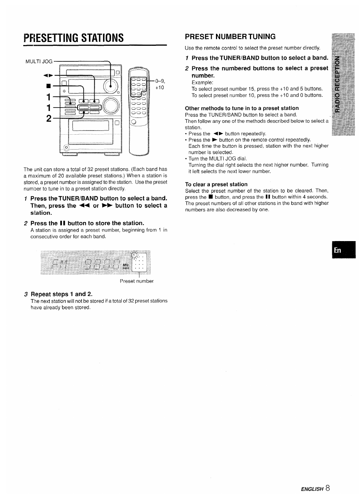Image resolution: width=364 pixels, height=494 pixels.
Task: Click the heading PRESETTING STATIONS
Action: (x=74, y=38)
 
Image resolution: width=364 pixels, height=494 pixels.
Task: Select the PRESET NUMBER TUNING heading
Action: (x=230, y=37)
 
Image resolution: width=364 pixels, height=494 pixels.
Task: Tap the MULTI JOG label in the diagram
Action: (x=39, y=61)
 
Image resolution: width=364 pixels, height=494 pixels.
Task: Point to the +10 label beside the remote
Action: (x=159, y=87)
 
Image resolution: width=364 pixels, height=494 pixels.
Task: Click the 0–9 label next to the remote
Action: (x=159, y=81)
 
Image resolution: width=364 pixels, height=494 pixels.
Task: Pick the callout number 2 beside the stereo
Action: (x=49, y=119)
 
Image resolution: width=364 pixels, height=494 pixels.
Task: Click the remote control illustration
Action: (x=139, y=111)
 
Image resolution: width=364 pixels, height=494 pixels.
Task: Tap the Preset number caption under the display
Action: (x=137, y=281)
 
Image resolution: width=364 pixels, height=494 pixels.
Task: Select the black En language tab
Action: (x=343, y=250)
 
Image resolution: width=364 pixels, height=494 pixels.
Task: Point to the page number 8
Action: (x=328, y=488)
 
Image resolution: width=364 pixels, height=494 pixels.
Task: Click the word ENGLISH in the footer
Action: (x=312, y=489)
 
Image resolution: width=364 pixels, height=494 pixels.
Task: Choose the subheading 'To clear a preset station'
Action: (x=216, y=184)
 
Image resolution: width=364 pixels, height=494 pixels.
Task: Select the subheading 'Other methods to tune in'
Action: (x=242, y=108)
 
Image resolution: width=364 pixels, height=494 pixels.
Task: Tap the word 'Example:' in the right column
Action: (x=202, y=82)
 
